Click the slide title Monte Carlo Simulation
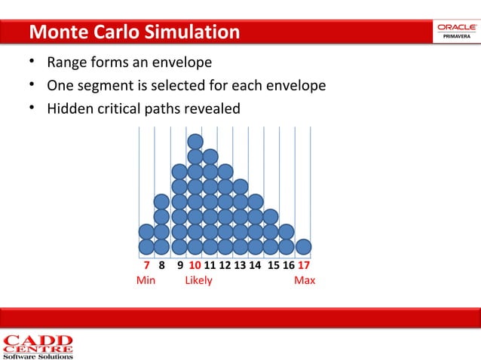(x=134, y=32)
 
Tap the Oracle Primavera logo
(x=455, y=32)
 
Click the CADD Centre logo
(x=38, y=346)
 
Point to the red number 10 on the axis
(x=195, y=266)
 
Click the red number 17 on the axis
(x=305, y=266)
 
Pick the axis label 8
(x=161, y=266)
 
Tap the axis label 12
(x=225, y=266)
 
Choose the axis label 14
(x=255, y=266)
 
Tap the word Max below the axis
(x=305, y=280)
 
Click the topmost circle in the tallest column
(x=195, y=142)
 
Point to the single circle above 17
(x=304, y=246)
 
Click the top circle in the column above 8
(x=161, y=202)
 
